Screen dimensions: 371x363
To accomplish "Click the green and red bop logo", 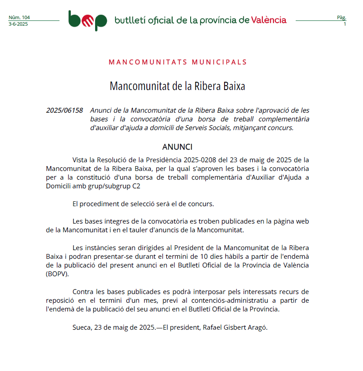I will pyautogui.click(x=88, y=20).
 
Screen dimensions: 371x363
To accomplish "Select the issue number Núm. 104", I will pyautogui.click(x=19, y=17).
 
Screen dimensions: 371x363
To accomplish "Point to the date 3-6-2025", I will pyautogui.click(x=18, y=24).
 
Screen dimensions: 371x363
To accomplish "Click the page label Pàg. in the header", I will pyautogui.click(x=341, y=17).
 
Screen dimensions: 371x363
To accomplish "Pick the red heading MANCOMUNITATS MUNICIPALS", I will pyautogui.click(x=178, y=62).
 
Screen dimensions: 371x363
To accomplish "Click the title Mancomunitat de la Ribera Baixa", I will pyautogui.click(x=177, y=86).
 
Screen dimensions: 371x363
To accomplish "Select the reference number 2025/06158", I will pyautogui.click(x=64, y=110).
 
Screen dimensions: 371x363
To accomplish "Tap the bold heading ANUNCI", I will pyautogui.click(x=177, y=147).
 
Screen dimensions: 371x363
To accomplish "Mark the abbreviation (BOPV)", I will pyautogui.click(x=57, y=274).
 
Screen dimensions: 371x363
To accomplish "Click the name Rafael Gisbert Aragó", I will pyautogui.click(x=235, y=327).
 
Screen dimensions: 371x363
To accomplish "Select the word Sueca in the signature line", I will pyautogui.click(x=81, y=327).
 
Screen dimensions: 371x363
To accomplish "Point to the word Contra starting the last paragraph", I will pyautogui.click(x=83, y=292).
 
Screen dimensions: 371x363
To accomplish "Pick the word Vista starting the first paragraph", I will pyautogui.click(x=80, y=160).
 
